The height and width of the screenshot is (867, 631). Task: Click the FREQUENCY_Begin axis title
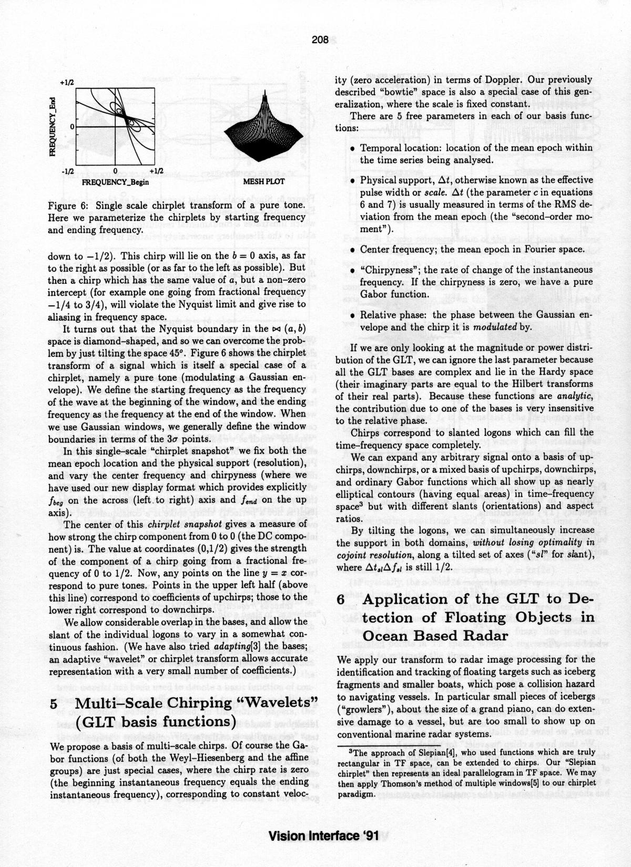116,182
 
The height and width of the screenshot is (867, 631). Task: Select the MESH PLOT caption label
264,182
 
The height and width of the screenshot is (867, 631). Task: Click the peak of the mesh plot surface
265,94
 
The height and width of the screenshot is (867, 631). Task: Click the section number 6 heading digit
340,600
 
